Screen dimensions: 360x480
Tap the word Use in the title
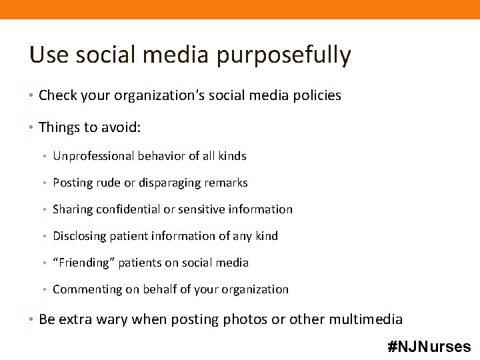[x=45, y=55]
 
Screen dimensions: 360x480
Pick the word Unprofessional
[x=93, y=156]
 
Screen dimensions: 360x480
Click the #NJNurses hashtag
[x=429, y=347]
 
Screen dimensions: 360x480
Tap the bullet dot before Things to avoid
[x=33, y=126]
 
